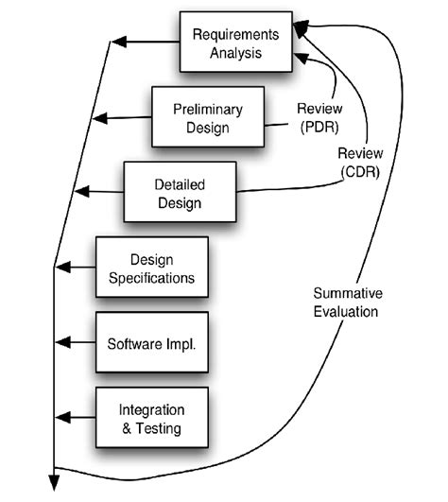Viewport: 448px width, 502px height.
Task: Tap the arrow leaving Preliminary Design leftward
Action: [123, 117]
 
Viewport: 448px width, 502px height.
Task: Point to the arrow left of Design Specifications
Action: [76, 268]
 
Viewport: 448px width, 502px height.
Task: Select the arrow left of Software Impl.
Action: [76, 342]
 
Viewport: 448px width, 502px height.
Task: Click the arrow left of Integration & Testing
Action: [76, 417]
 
